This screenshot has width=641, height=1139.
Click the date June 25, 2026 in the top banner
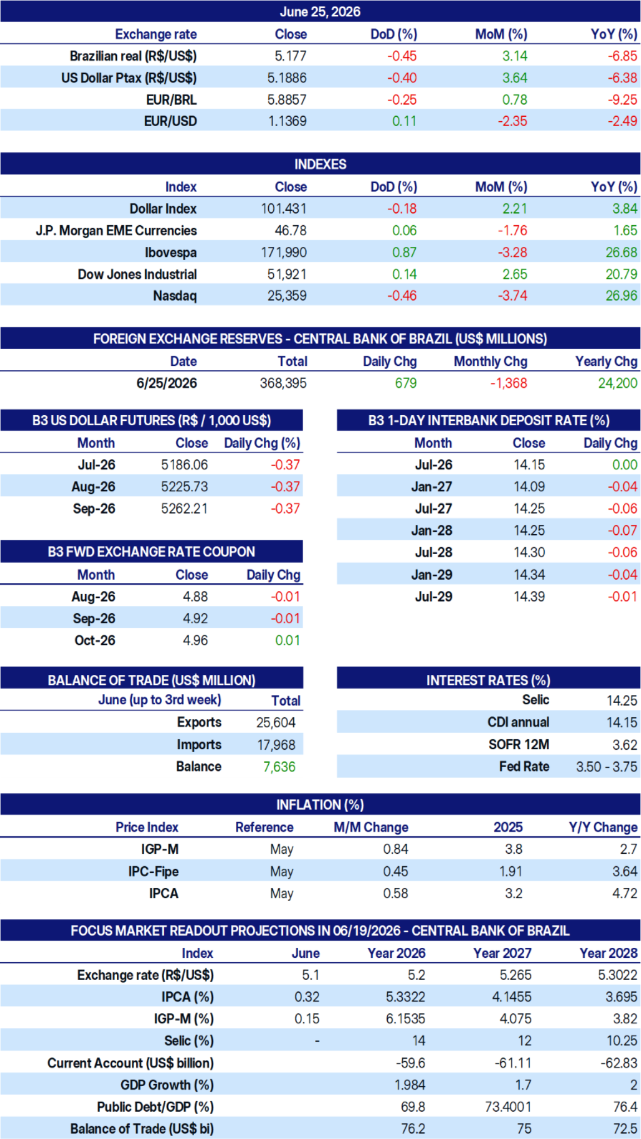tap(320, 12)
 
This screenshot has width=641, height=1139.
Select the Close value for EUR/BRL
tap(287, 100)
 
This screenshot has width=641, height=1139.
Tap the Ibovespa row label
tap(171, 252)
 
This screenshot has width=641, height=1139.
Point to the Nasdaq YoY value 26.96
tap(622, 296)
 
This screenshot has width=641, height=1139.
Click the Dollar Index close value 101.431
tap(284, 208)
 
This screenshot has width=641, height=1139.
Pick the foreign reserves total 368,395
tap(283, 383)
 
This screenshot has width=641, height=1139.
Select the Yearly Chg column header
tap(607, 361)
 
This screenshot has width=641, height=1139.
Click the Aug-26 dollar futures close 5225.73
tap(184, 486)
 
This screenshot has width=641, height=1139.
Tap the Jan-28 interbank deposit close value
tap(529, 530)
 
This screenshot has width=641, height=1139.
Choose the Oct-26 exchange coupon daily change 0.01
tap(288, 640)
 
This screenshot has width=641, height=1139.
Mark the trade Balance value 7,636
tap(279, 767)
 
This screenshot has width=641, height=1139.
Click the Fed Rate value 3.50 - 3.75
tap(607, 767)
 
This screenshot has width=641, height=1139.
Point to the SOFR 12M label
tap(519, 744)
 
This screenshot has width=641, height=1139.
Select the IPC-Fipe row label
tap(154, 871)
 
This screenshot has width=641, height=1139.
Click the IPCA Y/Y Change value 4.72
tap(625, 893)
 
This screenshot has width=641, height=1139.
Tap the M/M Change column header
tap(371, 827)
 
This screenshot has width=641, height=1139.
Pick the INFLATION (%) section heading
tap(320, 804)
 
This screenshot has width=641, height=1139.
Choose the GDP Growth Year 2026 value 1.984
tap(410, 1085)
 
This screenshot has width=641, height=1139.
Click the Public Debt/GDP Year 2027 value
tap(508, 1107)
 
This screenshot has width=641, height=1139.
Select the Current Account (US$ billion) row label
tap(131, 1063)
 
